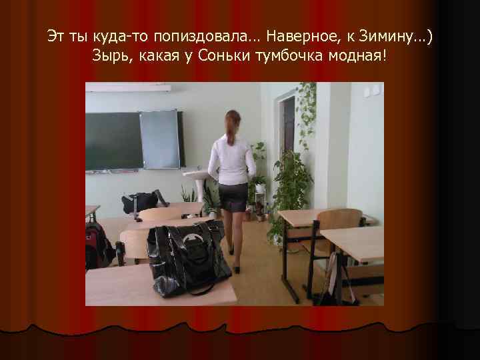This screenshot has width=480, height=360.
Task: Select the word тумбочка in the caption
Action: (287, 55)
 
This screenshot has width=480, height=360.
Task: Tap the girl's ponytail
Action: (230, 129)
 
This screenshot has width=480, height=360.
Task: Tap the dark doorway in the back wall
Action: (287, 127)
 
